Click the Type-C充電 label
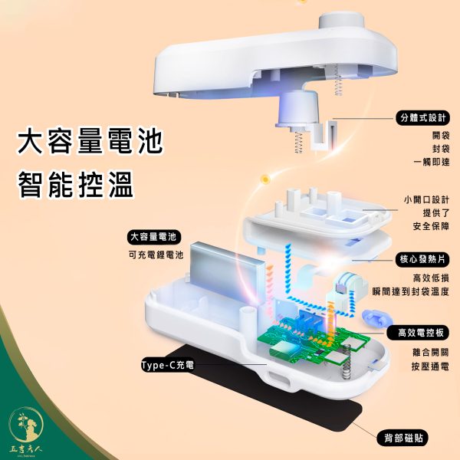[166, 366]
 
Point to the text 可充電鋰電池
[153, 256]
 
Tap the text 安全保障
[429, 227]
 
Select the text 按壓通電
[429, 366]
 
